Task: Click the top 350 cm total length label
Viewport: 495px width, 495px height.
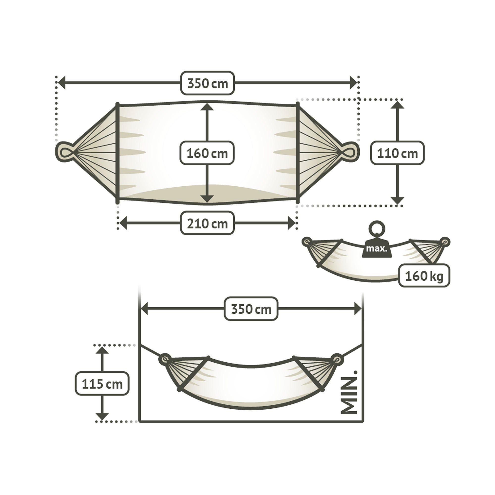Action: click(208, 83)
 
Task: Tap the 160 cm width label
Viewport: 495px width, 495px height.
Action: click(207, 153)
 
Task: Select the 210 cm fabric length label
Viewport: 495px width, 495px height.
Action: click(207, 223)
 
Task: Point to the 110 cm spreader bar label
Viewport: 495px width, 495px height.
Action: click(397, 153)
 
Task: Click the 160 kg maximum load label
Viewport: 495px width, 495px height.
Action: click(424, 276)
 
